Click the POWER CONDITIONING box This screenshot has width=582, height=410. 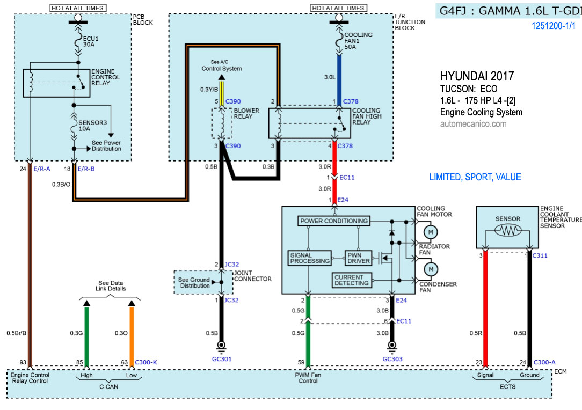(334, 221)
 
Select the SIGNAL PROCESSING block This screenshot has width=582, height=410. (309, 258)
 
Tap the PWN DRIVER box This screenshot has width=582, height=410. (359, 258)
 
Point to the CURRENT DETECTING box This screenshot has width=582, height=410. (352, 280)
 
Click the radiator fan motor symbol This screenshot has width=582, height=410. (431, 232)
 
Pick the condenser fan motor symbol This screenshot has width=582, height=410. (431, 268)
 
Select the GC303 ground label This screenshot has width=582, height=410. (393, 359)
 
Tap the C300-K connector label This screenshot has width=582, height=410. (146, 363)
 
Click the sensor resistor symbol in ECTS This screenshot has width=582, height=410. (508, 231)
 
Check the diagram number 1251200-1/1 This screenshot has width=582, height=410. (553, 25)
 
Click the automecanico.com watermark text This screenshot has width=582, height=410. (473, 124)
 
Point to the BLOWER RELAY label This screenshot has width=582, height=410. (246, 114)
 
